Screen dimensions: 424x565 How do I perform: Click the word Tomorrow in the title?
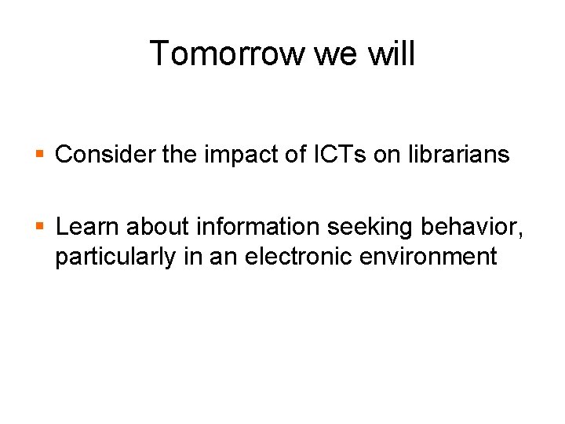coord(227,54)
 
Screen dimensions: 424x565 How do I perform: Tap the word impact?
coord(233,155)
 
